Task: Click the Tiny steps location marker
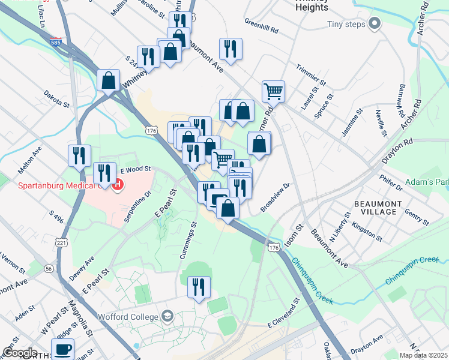coord(375,25)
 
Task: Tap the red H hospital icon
coord(118,184)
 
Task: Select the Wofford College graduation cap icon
coord(168,316)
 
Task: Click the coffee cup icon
coord(62,349)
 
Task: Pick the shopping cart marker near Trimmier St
coord(273,91)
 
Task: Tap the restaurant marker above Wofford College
coord(199,287)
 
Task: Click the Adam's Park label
coord(427,181)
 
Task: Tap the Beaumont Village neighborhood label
coord(375,208)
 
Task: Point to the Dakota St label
coord(56,98)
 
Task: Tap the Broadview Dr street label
coord(275,197)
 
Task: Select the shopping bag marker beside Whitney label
coord(109,80)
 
